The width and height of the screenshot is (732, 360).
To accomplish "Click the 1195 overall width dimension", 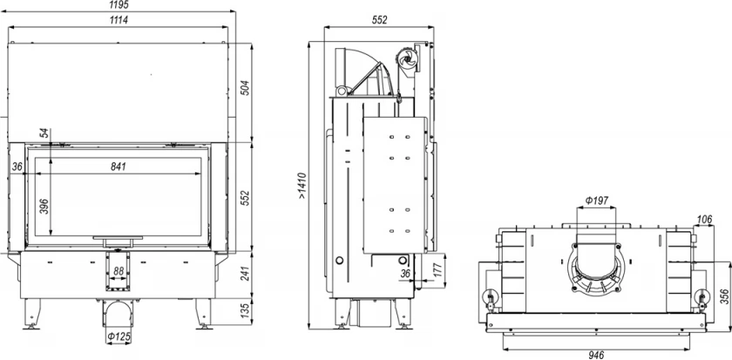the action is [x=119, y=4].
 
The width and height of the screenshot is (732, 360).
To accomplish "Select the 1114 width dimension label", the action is [x=119, y=19].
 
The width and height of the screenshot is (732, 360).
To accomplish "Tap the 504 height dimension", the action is [x=246, y=88].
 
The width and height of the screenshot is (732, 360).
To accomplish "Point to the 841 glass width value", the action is [x=119, y=166].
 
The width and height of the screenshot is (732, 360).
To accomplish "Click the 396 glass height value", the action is [x=44, y=207].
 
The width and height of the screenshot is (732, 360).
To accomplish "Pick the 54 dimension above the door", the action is [x=44, y=133].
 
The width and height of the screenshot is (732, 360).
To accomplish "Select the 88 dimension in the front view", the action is [x=119, y=271].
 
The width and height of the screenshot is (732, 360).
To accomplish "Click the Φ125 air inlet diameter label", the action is [x=119, y=336].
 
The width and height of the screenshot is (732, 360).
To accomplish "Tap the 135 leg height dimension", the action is [x=246, y=311].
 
